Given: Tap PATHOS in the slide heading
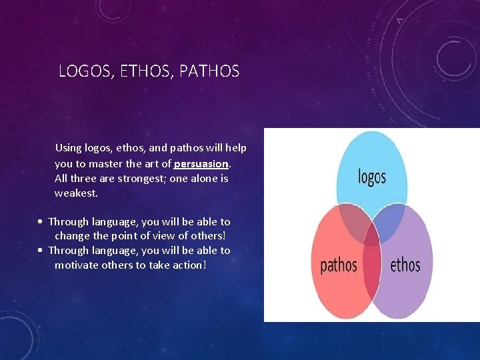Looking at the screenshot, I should coord(209,71).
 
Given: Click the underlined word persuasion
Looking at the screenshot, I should coord(201,163).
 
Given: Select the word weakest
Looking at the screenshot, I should coord(76,193).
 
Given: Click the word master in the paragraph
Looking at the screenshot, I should coord(123,163).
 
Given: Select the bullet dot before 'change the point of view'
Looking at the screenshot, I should coord(41,221).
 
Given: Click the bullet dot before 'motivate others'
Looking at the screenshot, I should coord(41,251).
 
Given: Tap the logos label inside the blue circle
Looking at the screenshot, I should coord(372,177).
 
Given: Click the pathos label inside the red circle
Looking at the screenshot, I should coord(339,265).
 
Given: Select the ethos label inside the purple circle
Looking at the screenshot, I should coord(405,265).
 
